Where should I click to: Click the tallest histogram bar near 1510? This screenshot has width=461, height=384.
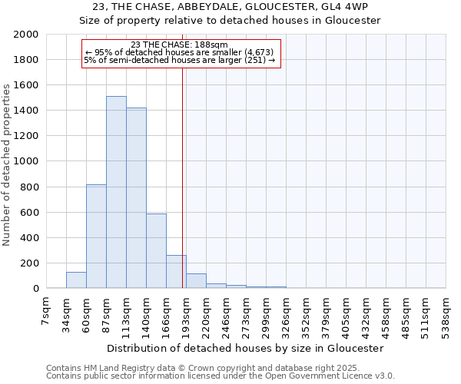[x=116, y=192]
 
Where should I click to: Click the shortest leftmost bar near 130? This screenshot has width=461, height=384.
[x=76, y=280]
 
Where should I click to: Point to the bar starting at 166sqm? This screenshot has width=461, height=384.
[x=176, y=272]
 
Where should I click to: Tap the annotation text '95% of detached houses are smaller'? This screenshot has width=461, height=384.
[x=183, y=52]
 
